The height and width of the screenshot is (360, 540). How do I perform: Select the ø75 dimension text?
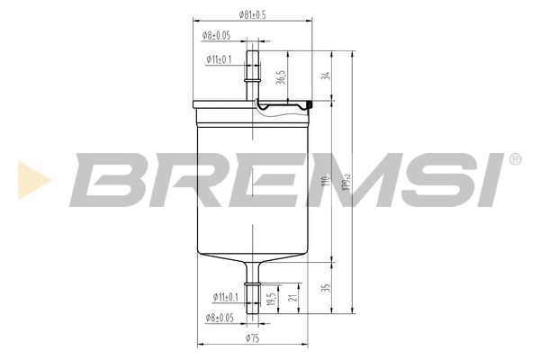pos(253,338)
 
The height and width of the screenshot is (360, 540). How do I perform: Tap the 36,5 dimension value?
pos(281,78)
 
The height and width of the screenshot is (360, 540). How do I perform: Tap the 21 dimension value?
pos(293,296)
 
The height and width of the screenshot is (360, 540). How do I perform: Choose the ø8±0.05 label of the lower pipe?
pos(218,318)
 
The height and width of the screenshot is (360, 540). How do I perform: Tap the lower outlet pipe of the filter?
pos(253,288)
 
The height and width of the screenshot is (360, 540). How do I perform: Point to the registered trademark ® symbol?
pos(515,160)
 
